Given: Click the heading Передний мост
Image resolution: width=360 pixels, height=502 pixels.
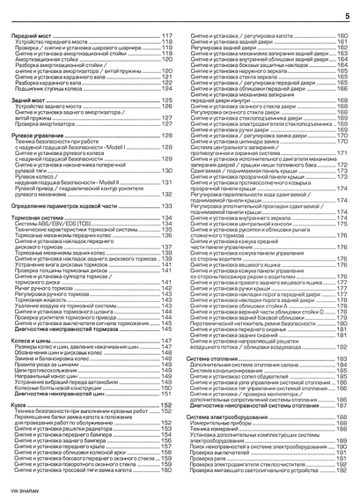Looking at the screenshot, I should (x=29, y=33).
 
